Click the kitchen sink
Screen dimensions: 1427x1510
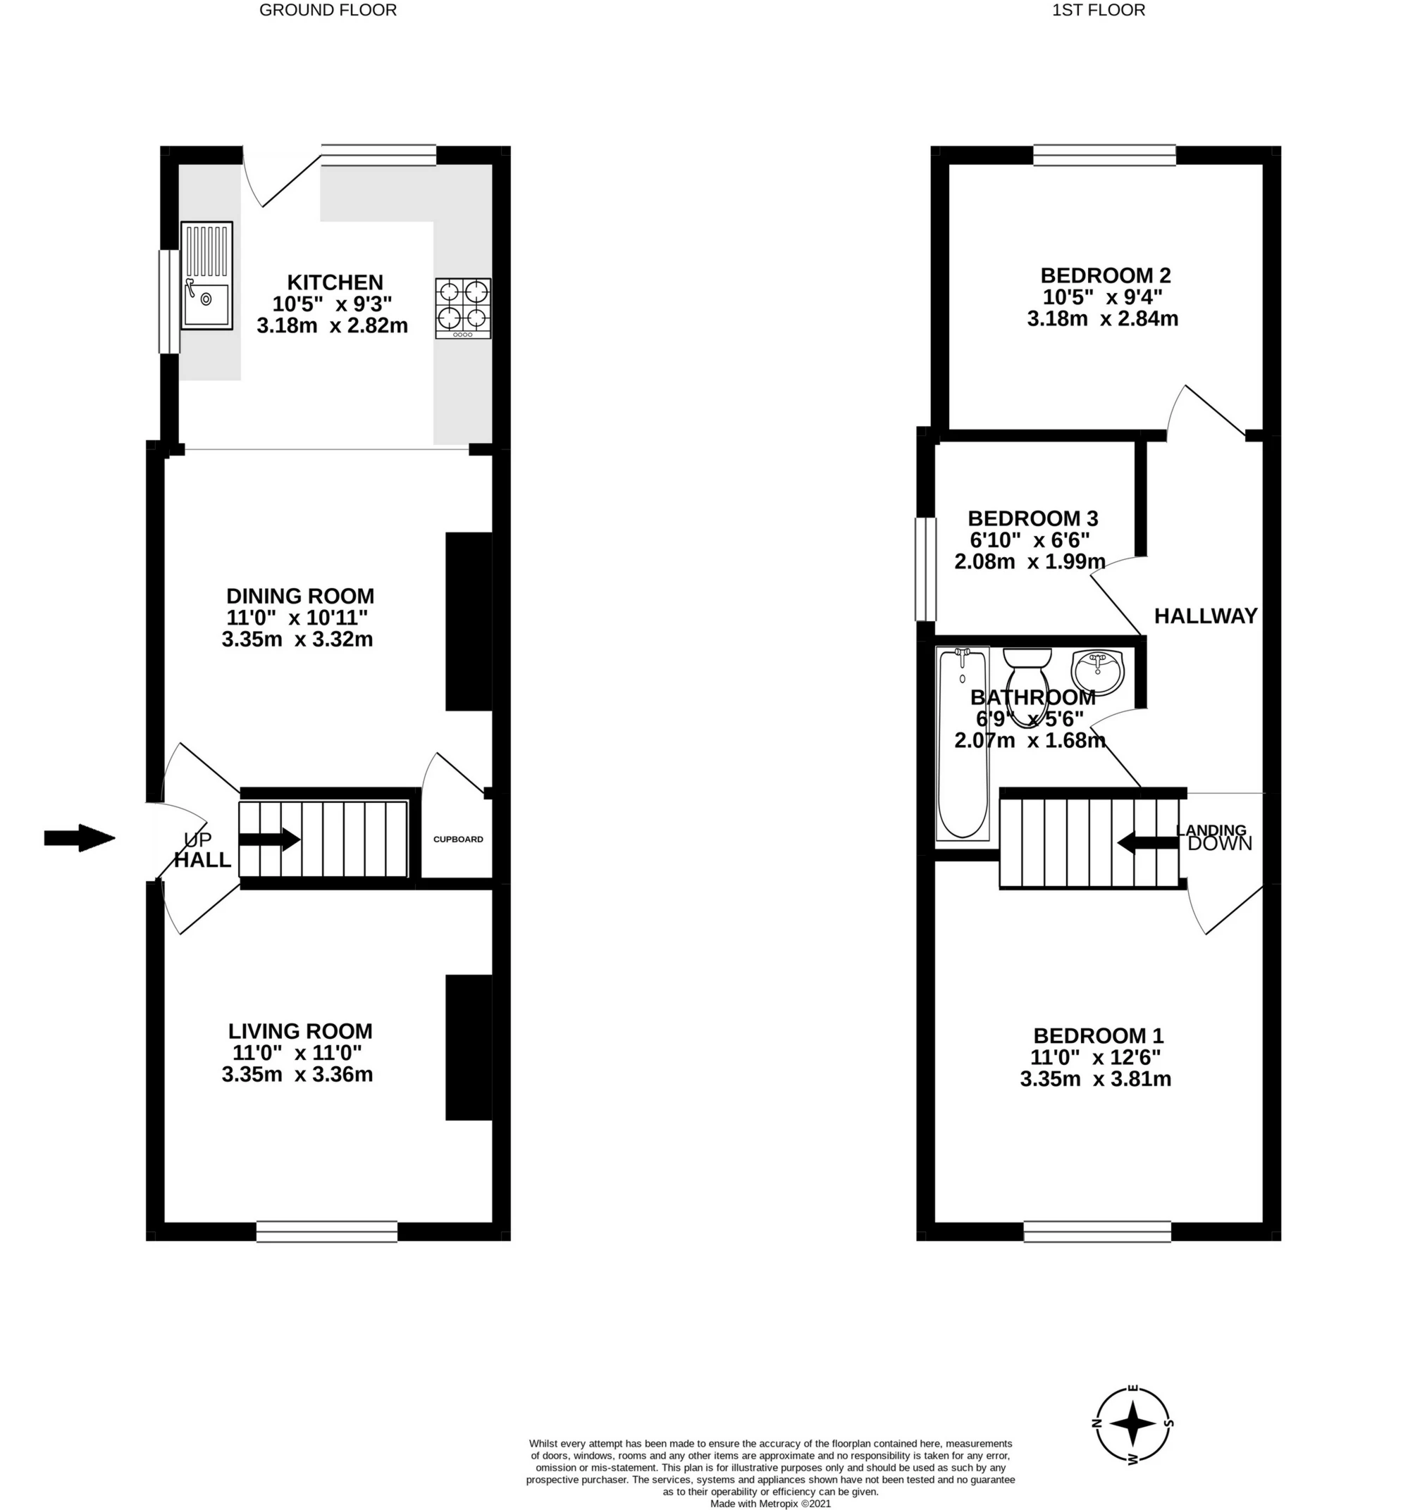206,275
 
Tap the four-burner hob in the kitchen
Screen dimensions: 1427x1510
463,308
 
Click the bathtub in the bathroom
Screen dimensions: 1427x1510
962,744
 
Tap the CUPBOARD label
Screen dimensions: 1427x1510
458,840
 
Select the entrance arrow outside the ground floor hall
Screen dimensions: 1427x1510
79,838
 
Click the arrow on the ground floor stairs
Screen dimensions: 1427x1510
269,840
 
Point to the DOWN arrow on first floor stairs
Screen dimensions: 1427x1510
1148,842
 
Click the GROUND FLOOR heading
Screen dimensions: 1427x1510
328,10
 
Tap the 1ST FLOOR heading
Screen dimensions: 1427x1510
1099,10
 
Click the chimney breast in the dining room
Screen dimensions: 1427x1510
469,622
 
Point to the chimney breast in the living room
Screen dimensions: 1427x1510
469,1048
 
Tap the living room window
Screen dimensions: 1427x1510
327,1231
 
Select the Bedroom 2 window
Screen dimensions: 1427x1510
1104,155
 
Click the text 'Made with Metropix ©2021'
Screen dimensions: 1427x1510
770,1503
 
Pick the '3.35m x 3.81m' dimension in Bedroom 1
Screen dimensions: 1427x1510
1095,1079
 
